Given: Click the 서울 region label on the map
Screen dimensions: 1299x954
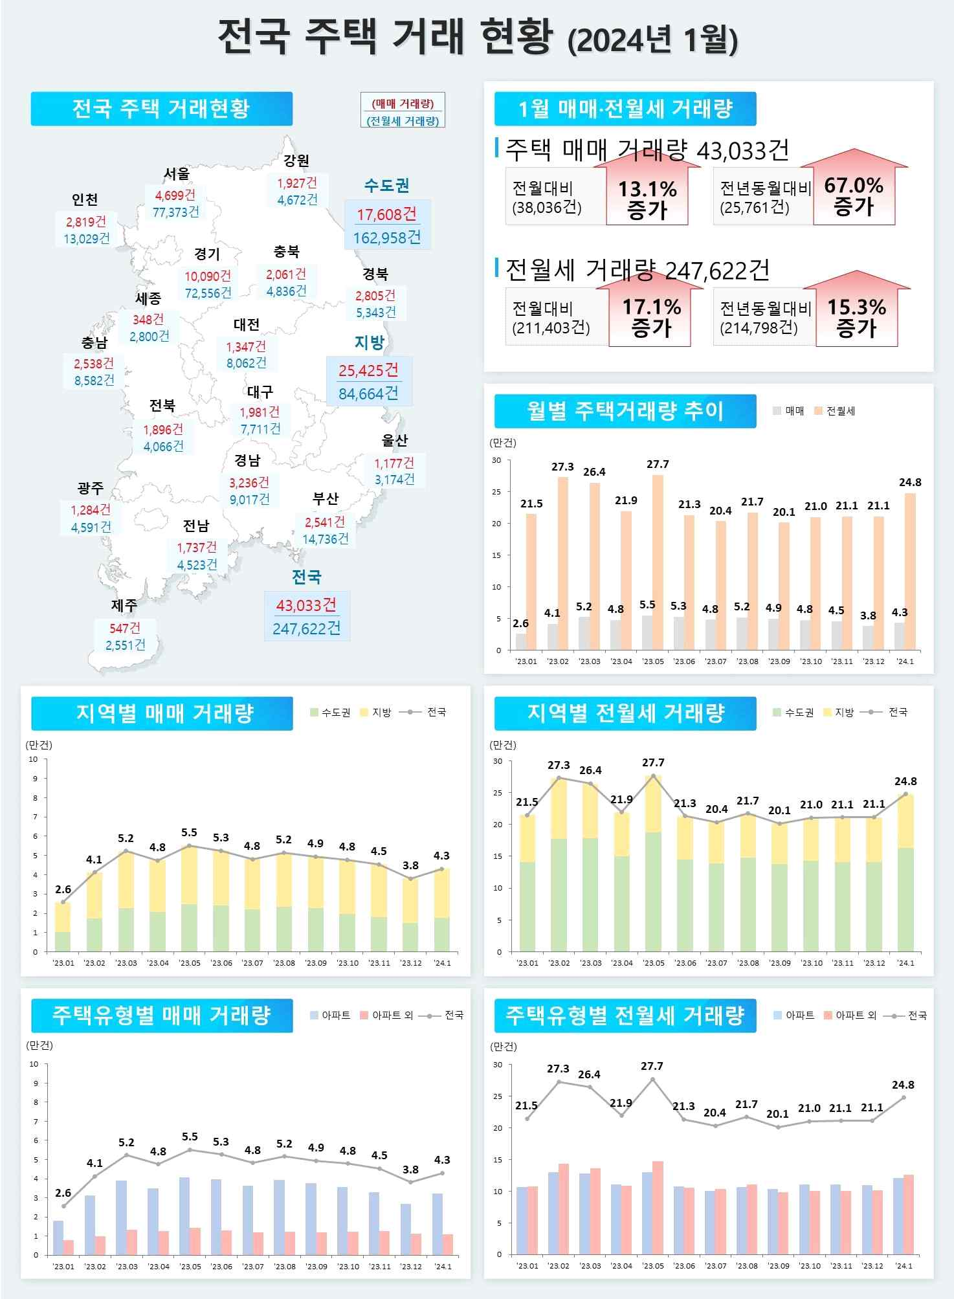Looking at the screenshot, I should point(176,173).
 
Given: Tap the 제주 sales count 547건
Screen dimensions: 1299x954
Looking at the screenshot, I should point(125,628).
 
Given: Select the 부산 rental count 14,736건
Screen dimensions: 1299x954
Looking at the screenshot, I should point(325,538).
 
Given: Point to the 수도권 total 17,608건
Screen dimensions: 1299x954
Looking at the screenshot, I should point(387,214).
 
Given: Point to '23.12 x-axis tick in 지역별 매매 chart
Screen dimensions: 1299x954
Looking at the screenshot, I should point(411,963).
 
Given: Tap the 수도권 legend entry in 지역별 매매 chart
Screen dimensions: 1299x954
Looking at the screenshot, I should point(331,713).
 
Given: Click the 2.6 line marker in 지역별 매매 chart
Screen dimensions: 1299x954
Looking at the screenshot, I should point(63,902).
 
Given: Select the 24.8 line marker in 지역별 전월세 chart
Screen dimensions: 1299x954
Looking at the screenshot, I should point(905,794).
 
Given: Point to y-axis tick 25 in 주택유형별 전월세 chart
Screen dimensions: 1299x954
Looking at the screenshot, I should point(498,1096).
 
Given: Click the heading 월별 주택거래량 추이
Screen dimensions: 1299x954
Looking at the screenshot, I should point(625,411).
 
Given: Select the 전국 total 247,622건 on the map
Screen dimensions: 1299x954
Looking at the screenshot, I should point(307,628).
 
